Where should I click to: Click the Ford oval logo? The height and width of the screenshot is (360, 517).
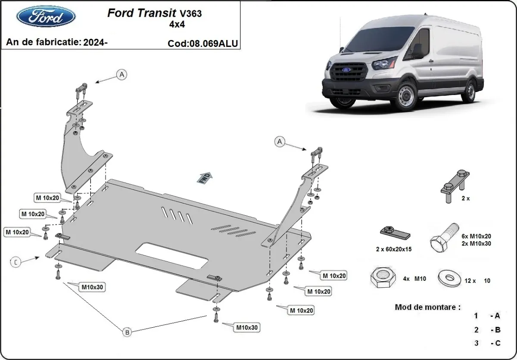point(46,16)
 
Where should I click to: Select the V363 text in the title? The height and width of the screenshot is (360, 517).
point(190,13)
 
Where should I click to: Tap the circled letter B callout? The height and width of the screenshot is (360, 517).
point(128,332)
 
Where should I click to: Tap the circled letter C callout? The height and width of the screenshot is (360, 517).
point(16,261)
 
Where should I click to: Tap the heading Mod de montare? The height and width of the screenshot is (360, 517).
point(427,307)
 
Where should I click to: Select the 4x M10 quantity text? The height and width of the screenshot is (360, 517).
point(414,279)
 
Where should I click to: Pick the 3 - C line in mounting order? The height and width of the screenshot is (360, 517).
point(487,343)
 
